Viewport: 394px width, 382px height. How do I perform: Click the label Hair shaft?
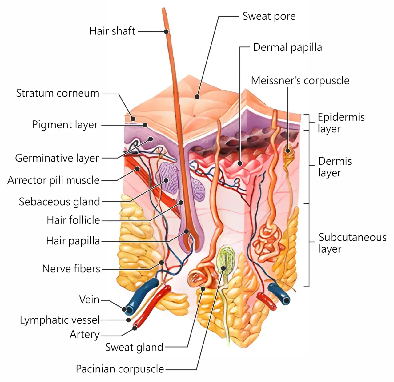pos(112,31)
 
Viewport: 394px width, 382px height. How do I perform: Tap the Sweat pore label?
pos(269,16)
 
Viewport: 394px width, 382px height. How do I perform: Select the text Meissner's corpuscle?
pos(300,81)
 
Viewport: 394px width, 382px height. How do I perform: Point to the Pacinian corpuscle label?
pos(120,369)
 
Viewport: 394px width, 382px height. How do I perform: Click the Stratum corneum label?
pos(58,93)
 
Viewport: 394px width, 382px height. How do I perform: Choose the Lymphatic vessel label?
pos(60,320)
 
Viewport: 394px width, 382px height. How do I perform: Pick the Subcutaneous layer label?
pos(352,243)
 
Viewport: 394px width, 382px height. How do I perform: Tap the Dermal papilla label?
pos(287,47)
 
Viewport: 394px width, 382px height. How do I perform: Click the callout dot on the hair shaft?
pos(166,31)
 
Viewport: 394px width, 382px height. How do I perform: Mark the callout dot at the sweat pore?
pos(197,97)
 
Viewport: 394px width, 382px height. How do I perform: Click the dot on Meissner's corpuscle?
pos(287,151)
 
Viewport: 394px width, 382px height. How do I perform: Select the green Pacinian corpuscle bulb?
pos(226,257)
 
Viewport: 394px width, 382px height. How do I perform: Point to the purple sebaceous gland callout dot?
pos(166,180)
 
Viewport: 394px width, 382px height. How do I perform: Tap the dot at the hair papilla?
pos(187,231)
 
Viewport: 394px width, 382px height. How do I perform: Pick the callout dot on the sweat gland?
pos(203,288)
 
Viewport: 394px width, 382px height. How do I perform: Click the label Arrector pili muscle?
pos(54,180)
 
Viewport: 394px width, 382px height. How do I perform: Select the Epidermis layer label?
pos(341,123)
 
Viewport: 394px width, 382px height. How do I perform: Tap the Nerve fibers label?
pos(71,269)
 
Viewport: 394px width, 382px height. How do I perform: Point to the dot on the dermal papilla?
pos(240,163)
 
